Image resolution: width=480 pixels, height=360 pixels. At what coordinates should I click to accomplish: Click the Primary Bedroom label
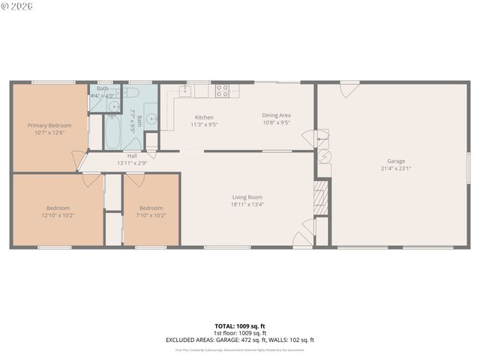(49, 125)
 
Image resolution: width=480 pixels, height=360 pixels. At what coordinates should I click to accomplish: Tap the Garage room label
(395, 160)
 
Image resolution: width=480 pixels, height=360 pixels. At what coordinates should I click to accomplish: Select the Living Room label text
(247, 197)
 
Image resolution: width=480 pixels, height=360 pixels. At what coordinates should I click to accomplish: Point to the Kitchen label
(204, 117)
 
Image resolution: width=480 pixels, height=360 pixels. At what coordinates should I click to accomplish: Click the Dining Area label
(276, 115)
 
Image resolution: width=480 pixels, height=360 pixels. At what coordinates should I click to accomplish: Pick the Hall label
(132, 156)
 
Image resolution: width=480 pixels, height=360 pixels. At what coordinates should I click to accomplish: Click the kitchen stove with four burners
(222, 91)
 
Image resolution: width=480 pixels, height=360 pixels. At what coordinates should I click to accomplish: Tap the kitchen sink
(184, 90)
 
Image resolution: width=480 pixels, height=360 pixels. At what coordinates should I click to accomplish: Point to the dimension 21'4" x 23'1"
(395, 169)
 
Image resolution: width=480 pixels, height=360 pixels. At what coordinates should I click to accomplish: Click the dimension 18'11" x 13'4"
(247, 204)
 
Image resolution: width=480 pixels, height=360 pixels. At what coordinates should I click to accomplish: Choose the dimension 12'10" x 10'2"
(58, 215)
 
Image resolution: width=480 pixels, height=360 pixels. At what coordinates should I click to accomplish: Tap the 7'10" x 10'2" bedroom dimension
(151, 215)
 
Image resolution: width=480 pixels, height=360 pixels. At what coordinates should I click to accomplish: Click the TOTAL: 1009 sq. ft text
(240, 326)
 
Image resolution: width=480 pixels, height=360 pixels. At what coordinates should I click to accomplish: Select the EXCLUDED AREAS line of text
(240, 340)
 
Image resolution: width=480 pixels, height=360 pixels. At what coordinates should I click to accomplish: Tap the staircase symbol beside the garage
(321, 196)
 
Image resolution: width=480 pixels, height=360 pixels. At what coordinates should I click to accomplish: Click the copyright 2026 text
(16, 6)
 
